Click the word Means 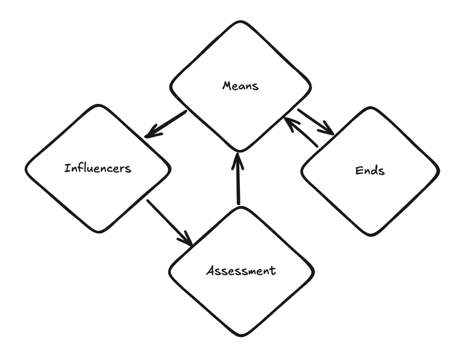pos(240,86)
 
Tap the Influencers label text pos(97,168)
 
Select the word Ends pos(369,171)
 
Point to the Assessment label pos(241,270)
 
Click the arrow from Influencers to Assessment pos(169,222)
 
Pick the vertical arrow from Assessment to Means pos(238,179)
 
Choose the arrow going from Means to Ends pos(316,122)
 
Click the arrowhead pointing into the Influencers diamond pos(152,132)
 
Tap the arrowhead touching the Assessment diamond pos(186,239)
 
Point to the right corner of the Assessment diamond pos(313,271)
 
